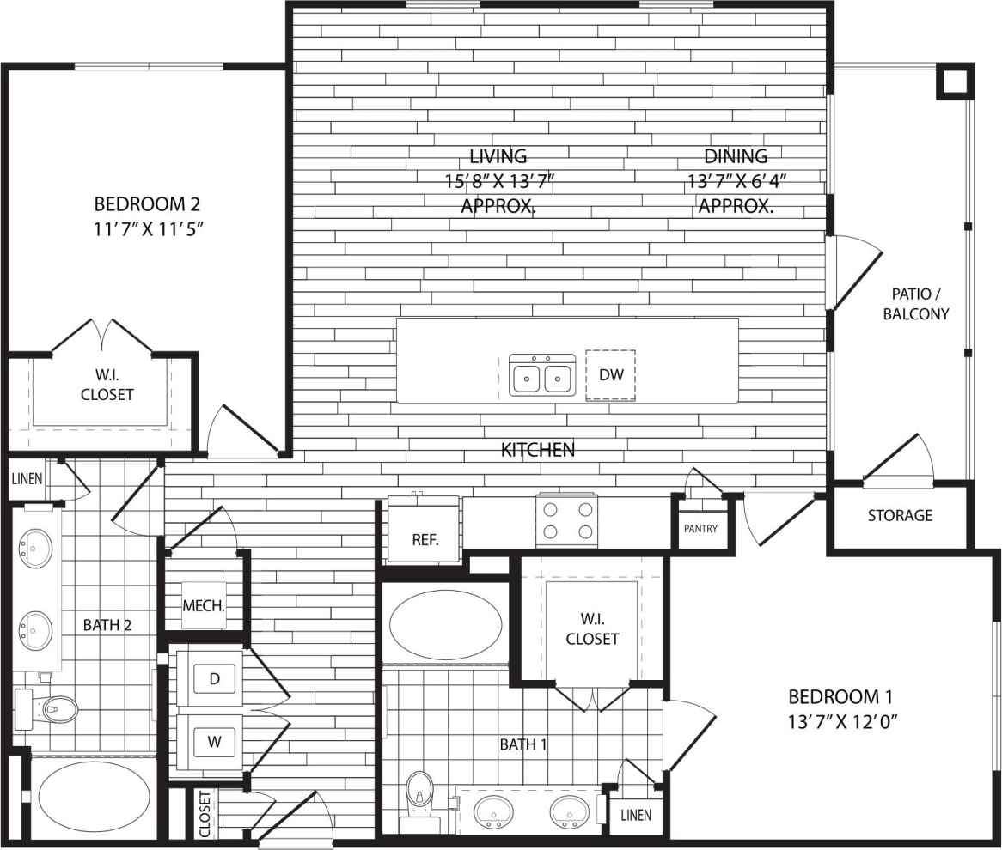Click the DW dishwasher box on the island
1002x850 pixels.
[x=610, y=375]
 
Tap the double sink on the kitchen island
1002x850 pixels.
[x=542, y=375]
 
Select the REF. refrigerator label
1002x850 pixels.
[x=425, y=540]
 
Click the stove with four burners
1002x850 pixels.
[x=566, y=519]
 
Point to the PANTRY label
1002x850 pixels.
[x=700, y=529]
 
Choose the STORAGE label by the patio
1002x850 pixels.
[x=900, y=516]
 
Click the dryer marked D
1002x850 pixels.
[x=215, y=679]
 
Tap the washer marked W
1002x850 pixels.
[x=214, y=742]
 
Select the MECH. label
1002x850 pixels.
[x=204, y=605]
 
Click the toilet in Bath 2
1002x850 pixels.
[x=56, y=709]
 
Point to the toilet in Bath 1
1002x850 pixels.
[x=420, y=793]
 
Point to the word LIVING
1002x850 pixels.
[x=498, y=156]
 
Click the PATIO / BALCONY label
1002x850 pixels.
[x=916, y=304]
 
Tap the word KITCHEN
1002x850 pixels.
[x=538, y=449]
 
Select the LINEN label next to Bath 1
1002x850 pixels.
[x=636, y=815]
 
